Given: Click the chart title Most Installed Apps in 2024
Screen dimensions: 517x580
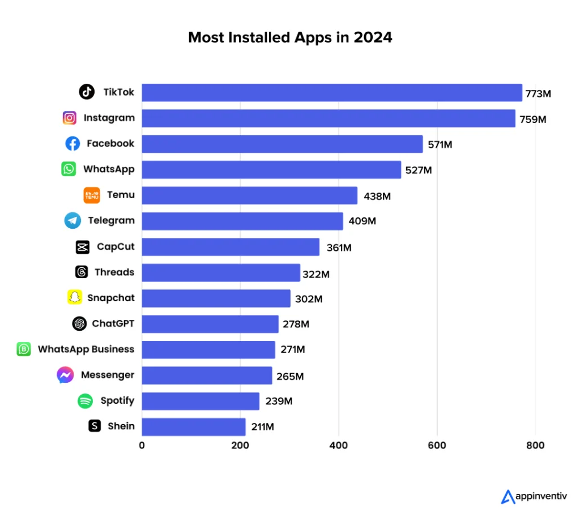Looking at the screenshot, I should (x=290, y=37).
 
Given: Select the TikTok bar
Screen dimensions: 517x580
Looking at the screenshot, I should (x=331, y=92).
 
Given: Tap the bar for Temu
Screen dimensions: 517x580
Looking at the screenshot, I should (x=249, y=195).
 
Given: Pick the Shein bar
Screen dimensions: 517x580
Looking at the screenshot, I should (x=193, y=426).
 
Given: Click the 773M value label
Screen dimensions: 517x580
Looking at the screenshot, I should (x=538, y=93).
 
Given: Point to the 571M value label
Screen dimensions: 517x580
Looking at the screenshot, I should (x=440, y=144).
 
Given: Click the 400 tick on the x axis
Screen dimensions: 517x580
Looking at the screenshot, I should (x=339, y=446).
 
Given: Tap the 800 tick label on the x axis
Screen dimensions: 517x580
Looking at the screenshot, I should (x=535, y=446).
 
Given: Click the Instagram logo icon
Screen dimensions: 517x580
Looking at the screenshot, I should (x=70, y=118).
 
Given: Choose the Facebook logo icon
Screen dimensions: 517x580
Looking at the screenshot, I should (x=72, y=144).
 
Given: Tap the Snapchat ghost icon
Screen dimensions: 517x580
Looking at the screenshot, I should (x=74, y=297).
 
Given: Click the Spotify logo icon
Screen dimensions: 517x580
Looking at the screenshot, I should (x=85, y=401).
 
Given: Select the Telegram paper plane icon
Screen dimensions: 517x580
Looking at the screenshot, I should (x=72, y=221).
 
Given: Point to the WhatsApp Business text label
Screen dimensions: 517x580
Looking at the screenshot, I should (x=86, y=349).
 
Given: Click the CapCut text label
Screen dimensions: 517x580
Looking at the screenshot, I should (x=116, y=247).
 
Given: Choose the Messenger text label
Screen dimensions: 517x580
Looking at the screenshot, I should (x=108, y=375).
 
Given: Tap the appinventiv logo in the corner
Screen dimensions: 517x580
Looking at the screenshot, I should (x=535, y=497).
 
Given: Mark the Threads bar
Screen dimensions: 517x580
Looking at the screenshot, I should (x=220, y=272).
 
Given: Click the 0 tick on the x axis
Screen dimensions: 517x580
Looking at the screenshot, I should (x=142, y=446).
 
